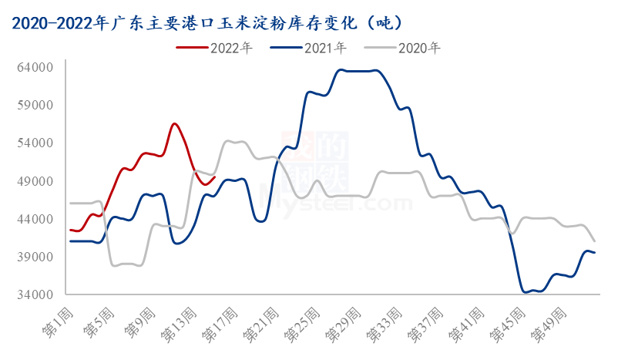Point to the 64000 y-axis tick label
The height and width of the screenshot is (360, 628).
tap(35, 68)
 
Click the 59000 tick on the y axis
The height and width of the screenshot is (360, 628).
tap(35, 106)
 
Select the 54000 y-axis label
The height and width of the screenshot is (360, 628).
tap(35, 143)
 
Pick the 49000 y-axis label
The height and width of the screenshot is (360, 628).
tap(35, 181)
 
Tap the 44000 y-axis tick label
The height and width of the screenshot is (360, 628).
tap(35, 219)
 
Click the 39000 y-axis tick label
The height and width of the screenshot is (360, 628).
tap(35, 257)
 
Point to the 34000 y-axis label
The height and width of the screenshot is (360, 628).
tap(35, 294)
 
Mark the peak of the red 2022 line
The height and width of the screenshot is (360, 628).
tap(175, 123)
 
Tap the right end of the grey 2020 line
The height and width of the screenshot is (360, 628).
tap(594, 241)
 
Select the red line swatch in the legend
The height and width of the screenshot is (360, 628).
tap(193, 48)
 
